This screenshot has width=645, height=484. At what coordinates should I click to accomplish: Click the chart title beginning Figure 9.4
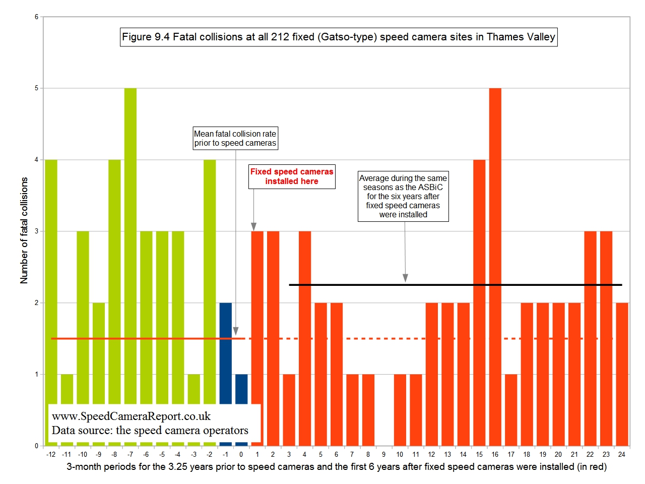click(339, 37)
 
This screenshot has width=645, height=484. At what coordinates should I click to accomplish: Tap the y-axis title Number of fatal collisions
click(24, 230)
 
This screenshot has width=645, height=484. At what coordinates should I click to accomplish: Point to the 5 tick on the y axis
click(36, 88)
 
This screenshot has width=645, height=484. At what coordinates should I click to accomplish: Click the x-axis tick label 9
click(383, 454)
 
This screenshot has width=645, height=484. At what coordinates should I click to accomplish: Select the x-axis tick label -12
click(51, 454)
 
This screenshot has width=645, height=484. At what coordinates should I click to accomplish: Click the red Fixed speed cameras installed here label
click(292, 176)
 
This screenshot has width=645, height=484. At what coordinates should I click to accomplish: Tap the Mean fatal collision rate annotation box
click(235, 138)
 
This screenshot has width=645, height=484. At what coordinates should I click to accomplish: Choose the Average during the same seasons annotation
click(403, 196)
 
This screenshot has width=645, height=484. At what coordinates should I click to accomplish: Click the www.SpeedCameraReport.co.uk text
click(131, 416)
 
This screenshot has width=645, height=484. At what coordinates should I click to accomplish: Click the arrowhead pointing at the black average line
click(405, 278)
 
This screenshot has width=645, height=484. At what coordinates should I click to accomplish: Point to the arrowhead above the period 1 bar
click(253, 226)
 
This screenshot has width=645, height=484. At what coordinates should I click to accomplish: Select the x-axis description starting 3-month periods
click(337, 467)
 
